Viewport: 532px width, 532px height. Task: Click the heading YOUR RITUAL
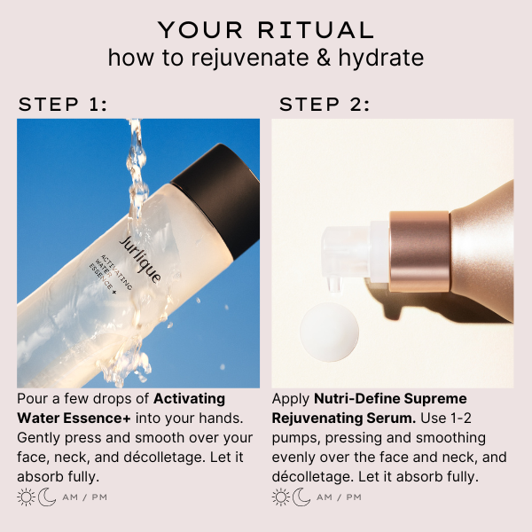(266, 29)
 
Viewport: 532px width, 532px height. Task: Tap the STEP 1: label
(63, 105)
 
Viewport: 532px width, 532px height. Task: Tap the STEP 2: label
(325, 105)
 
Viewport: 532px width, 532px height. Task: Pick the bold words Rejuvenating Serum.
(338, 419)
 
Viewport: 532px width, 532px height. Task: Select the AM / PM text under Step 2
(339, 497)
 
